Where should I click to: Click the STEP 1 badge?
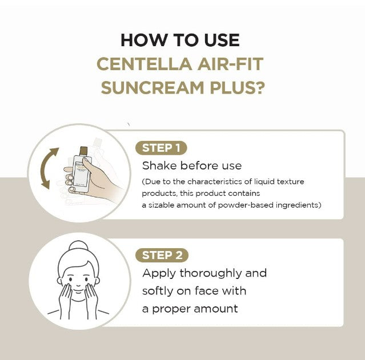162,148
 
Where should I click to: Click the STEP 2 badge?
162,255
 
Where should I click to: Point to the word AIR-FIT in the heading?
235,64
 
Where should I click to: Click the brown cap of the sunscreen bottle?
83,151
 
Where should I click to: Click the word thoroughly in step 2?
208,273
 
